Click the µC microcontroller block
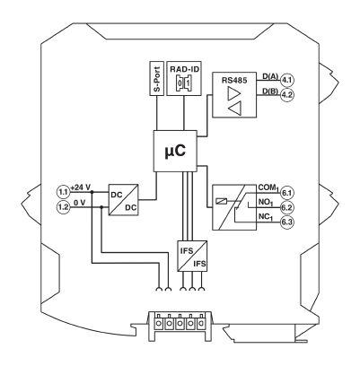point(175,151)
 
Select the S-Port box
point(156,79)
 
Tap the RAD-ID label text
point(184,69)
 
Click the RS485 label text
point(234,81)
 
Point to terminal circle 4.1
point(286,80)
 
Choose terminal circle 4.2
point(286,95)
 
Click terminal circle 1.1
point(63,192)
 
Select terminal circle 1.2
point(63,207)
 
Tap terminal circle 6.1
point(286,193)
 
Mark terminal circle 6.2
point(286,207)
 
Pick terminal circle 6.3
point(286,222)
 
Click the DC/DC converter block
point(124,200)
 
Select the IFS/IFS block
point(192,256)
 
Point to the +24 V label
point(81,187)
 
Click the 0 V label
point(80,203)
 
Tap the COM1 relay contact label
point(268,188)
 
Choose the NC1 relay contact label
point(266,217)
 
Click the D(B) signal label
point(270,91)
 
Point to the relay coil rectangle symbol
point(222,201)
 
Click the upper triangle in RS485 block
point(233,94)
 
